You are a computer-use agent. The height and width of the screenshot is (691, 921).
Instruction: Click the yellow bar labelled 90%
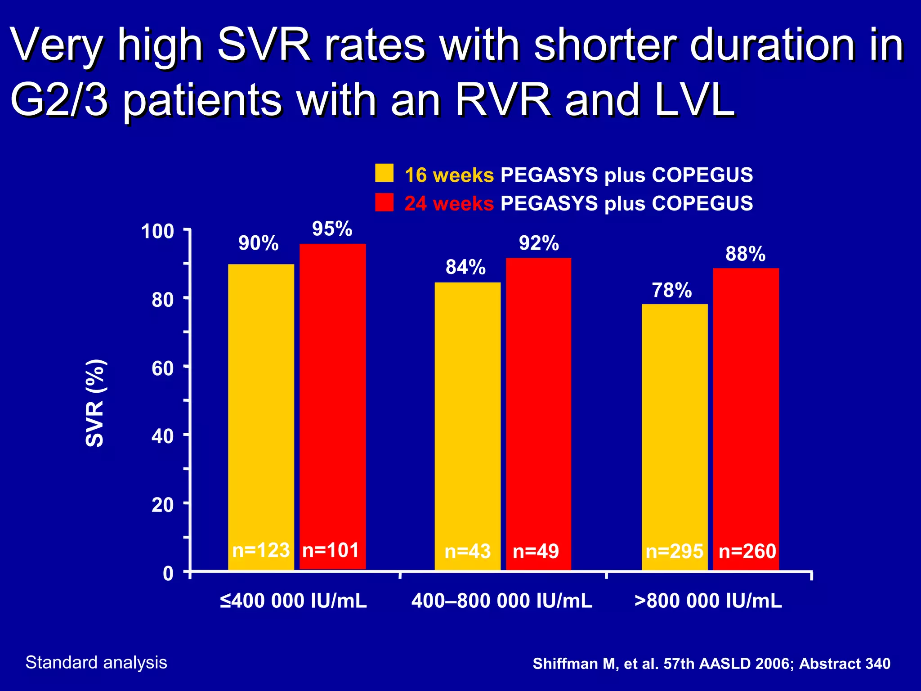pyautogui.click(x=261, y=405)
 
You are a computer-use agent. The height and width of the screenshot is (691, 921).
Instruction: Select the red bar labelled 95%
pyautogui.click(x=333, y=396)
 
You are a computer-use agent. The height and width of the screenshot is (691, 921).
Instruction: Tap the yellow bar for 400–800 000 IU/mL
pyautogui.click(x=467, y=414)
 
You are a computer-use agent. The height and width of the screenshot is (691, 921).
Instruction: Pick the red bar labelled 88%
pyautogui.click(x=746, y=405)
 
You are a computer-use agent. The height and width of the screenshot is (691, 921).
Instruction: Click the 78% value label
pyautogui.click(x=672, y=291)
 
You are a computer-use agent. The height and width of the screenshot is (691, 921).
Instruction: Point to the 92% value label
pyautogui.click(x=539, y=243)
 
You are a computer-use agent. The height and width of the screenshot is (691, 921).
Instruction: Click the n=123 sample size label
pyautogui.click(x=261, y=550)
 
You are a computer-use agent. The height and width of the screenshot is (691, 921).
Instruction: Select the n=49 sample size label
pyautogui.click(x=536, y=551)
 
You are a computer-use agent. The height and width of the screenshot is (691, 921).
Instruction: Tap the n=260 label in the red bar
pyautogui.click(x=747, y=551)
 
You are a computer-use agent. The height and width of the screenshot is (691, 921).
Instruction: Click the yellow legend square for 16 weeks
pyautogui.click(x=384, y=173)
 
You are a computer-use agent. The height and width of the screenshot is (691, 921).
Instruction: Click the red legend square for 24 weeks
pyautogui.click(x=384, y=202)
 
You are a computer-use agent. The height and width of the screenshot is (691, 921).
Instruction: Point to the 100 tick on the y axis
pyautogui.click(x=157, y=232)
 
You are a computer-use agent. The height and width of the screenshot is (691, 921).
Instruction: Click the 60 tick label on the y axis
pyautogui.click(x=163, y=368)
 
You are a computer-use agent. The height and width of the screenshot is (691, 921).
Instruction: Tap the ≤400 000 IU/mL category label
pyautogui.click(x=293, y=601)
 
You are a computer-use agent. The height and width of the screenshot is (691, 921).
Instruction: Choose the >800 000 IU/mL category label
pyautogui.click(x=708, y=601)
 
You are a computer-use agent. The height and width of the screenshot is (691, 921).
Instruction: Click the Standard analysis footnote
pyautogui.click(x=96, y=663)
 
